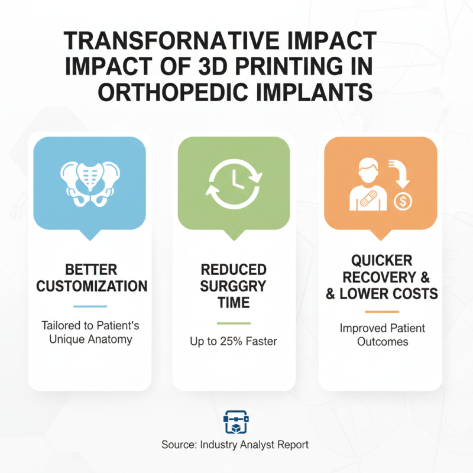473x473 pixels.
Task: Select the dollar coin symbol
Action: coord(403,200)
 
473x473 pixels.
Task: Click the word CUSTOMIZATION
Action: coord(92,287)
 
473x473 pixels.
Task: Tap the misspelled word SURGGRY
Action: coord(234,286)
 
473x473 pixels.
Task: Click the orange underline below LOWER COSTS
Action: coord(382,312)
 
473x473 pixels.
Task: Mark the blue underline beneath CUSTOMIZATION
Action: coord(90,306)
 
